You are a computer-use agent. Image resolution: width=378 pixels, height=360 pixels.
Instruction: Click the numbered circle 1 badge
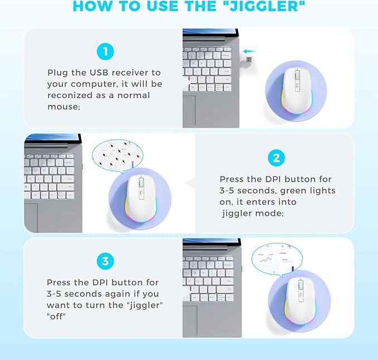point(104,52)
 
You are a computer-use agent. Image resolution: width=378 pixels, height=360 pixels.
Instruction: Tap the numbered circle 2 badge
point(276,158)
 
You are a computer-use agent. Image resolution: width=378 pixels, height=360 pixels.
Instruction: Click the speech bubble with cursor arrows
point(118,155)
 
